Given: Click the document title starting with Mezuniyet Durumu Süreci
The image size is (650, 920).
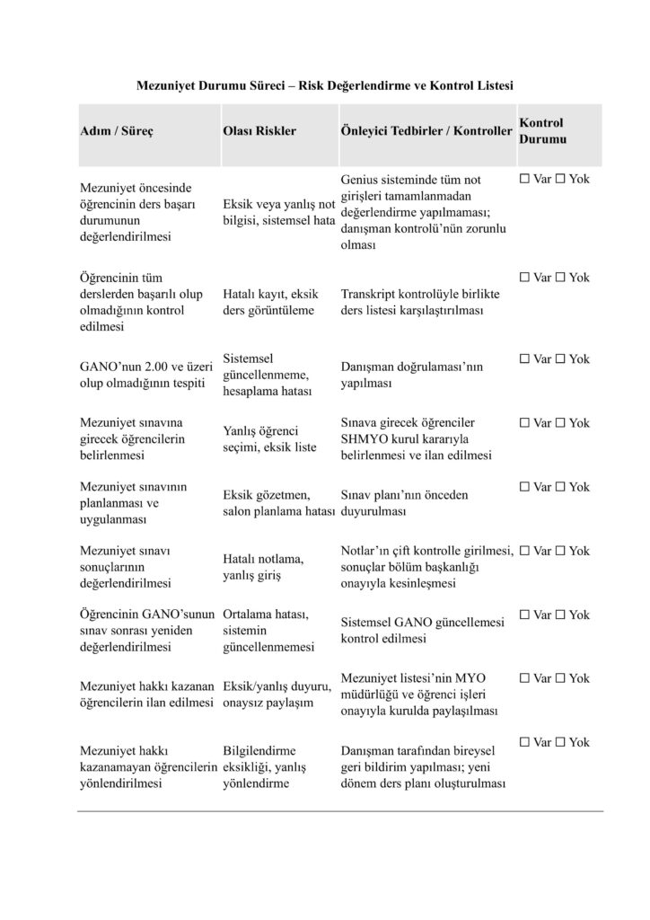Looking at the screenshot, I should tap(324, 85).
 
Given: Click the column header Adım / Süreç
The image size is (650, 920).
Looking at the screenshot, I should tap(117, 130).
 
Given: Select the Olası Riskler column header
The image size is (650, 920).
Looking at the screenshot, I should tap(259, 130).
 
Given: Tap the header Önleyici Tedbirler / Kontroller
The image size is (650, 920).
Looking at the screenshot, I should tap(426, 130).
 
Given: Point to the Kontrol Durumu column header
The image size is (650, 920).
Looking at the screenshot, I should tap(542, 130).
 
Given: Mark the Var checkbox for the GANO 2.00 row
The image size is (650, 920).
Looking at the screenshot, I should tap(525, 359).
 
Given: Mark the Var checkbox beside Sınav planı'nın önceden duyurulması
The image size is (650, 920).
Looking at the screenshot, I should tap(525, 487).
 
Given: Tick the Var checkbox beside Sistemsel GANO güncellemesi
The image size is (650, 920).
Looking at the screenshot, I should tap(525, 615).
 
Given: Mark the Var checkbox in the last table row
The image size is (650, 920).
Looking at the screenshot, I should tap(525, 742).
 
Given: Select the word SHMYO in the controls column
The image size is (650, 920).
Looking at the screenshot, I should tap(362, 438).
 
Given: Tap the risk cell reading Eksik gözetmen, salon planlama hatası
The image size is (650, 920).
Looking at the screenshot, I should tap(278, 503).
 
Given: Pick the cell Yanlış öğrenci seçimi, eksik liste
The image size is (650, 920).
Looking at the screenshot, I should tap(269, 438).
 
